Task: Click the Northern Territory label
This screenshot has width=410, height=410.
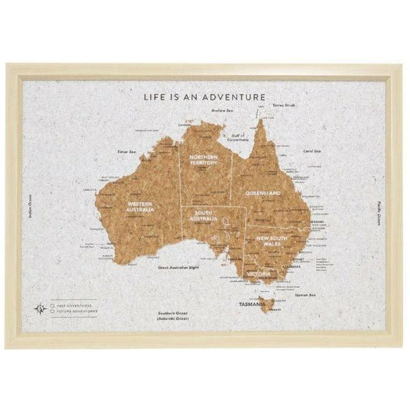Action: pyautogui.click(x=204, y=159)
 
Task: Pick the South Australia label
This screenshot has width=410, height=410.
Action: pyautogui.click(x=203, y=216)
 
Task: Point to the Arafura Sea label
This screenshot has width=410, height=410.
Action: pyautogui.click(x=222, y=110)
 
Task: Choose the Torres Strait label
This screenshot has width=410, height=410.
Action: pyautogui.click(x=283, y=106)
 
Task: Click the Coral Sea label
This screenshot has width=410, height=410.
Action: pyautogui.click(x=312, y=151)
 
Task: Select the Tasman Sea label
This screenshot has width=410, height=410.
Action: pyautogui.click(x=305, y=295)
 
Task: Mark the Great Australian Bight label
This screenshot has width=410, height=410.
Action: pyautogui.click(x=179, y=268)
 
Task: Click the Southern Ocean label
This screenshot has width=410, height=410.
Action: pyautogui.click(x=170, y=316)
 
